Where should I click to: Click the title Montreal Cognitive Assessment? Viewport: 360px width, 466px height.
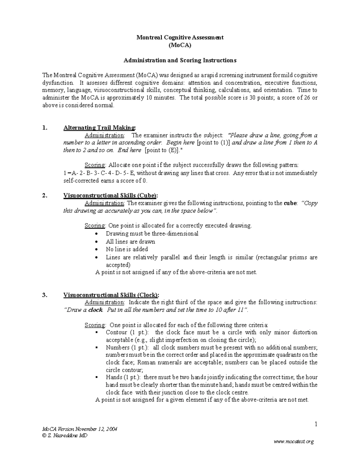click(180, 38)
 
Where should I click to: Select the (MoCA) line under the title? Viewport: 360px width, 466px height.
click(180, 45)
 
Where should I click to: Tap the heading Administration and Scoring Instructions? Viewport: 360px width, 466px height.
click(180, 60)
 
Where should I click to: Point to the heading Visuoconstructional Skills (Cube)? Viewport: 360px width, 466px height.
click(110, 196)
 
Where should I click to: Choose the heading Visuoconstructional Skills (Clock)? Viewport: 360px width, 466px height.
click(111, 295)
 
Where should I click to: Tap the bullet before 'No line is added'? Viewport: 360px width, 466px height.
click(96, 249)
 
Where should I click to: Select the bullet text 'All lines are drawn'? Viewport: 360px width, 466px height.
click(130, 242)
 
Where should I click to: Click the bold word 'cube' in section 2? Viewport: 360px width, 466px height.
click(289, 203)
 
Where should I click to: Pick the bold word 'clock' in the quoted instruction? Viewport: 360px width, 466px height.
click(95, 310)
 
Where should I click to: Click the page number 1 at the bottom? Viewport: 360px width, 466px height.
click(316, 424)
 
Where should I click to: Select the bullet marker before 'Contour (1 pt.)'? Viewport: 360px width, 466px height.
click(96, 332)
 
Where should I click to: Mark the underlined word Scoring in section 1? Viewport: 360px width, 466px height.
click(95, 165)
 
